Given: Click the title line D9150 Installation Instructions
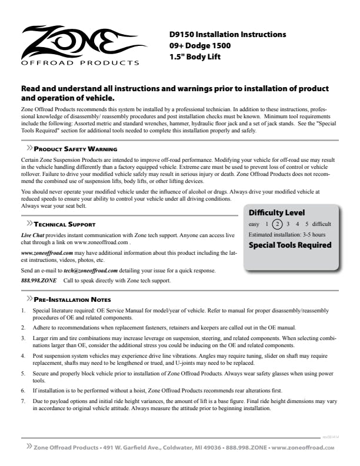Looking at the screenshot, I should (x=224, y=34).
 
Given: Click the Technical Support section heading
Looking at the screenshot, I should (x=64, y=225).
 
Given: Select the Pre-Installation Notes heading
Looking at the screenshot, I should (x=73, y=299).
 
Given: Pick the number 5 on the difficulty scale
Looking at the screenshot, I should (x=306, y=224).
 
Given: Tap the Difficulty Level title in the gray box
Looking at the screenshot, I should (x=276, y=212).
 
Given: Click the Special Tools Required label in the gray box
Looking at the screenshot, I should (x=290, y=245).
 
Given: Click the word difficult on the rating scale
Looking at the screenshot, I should (x=322, y=224).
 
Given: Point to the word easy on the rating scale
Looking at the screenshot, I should (x=254, y=224).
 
